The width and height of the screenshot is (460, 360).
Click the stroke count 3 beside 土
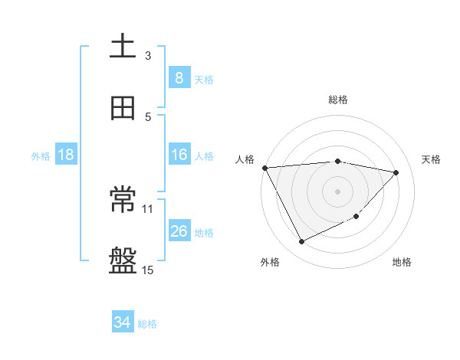click(148, 55)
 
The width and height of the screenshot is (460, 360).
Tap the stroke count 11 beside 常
click(148, 208)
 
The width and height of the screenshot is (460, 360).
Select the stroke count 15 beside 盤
click(148, 270)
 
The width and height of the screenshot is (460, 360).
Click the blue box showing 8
click(179, 77)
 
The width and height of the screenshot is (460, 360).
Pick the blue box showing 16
click(179, 155)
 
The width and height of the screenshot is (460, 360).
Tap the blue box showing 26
click(179, 231)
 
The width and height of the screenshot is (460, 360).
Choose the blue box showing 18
click(66, 155)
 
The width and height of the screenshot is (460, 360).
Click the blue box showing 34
click(123, 323)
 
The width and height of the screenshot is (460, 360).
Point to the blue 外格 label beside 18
click(41, 155)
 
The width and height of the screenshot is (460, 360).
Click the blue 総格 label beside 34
click(147, 324)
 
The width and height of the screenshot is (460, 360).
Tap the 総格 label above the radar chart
click(338, 100)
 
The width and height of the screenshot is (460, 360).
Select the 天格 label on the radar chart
click(432, 159)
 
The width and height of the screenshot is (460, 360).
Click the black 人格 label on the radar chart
click(245, 159)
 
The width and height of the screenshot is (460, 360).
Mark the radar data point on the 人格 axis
click(264, 168)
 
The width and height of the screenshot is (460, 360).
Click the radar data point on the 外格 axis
click(301, 242)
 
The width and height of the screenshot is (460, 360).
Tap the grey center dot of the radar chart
click(338, 191)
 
